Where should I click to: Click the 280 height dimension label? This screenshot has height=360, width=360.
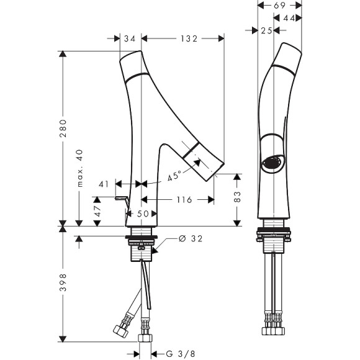63,128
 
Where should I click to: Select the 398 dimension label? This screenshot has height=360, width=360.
63,282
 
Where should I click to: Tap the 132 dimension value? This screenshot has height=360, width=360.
189,39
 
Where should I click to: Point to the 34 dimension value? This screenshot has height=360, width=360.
130,39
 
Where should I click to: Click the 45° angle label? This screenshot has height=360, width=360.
174,176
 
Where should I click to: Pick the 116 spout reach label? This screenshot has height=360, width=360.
184,200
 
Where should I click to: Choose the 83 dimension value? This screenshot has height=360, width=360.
237,197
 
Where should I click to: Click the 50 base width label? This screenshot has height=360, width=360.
143,214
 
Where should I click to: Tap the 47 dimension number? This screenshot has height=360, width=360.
97,211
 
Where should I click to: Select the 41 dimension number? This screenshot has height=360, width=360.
104,184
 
